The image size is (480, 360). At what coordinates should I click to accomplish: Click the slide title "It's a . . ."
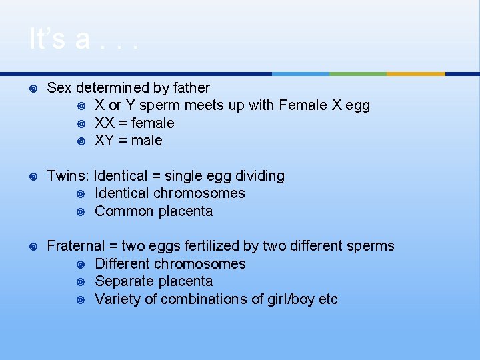(84, 39)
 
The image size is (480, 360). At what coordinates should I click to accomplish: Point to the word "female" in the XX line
(153, 123)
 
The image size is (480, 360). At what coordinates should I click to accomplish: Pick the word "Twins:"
(68, 176)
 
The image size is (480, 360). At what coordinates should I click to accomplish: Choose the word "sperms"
(370, 246)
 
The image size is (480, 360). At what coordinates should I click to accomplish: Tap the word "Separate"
(122, 281)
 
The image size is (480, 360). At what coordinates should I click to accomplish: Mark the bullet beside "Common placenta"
(81, 211)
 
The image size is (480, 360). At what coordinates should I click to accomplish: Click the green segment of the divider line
(358, 73)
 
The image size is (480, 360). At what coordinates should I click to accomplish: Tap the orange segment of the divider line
(415, 73)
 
